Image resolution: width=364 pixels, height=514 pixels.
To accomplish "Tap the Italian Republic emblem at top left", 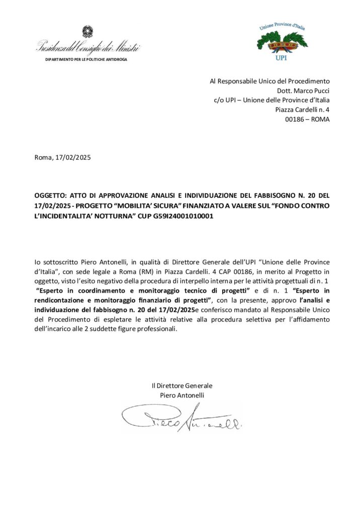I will tap(88, 32).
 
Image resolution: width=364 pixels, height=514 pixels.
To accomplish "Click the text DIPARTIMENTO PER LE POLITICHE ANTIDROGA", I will tap(86, 59).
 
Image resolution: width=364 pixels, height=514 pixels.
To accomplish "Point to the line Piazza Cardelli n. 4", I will tap(303, 109).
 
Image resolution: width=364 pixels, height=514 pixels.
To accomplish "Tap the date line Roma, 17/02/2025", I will tap(63, 157).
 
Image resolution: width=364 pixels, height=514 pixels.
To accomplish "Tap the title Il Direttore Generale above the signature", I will tap(182, 385).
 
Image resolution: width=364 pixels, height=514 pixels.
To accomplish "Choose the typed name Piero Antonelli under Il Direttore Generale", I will tap(182, 395).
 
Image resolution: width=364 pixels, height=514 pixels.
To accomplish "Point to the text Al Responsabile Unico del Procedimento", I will tap(269, 81).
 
